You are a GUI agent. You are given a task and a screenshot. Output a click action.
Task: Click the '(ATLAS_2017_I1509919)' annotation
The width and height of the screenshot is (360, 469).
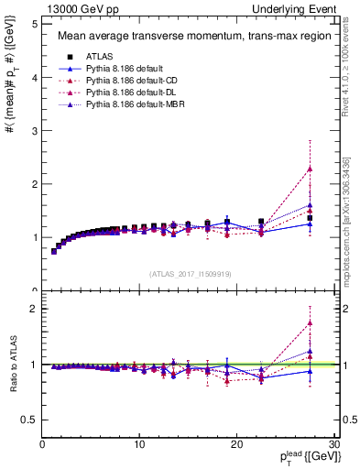190,272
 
